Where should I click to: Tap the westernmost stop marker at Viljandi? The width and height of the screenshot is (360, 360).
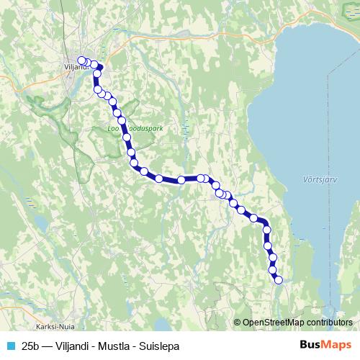[x=81, y=60]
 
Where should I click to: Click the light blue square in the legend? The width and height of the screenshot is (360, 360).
[x=10, y=346]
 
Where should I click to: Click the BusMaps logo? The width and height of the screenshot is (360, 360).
[x=325, y=345]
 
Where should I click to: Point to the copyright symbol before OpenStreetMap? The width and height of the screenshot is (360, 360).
[x=238, y=322]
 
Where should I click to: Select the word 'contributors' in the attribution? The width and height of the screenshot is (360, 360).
[x=329, y=322]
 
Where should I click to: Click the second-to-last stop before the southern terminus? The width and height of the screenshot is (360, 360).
[x=273, y=270]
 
